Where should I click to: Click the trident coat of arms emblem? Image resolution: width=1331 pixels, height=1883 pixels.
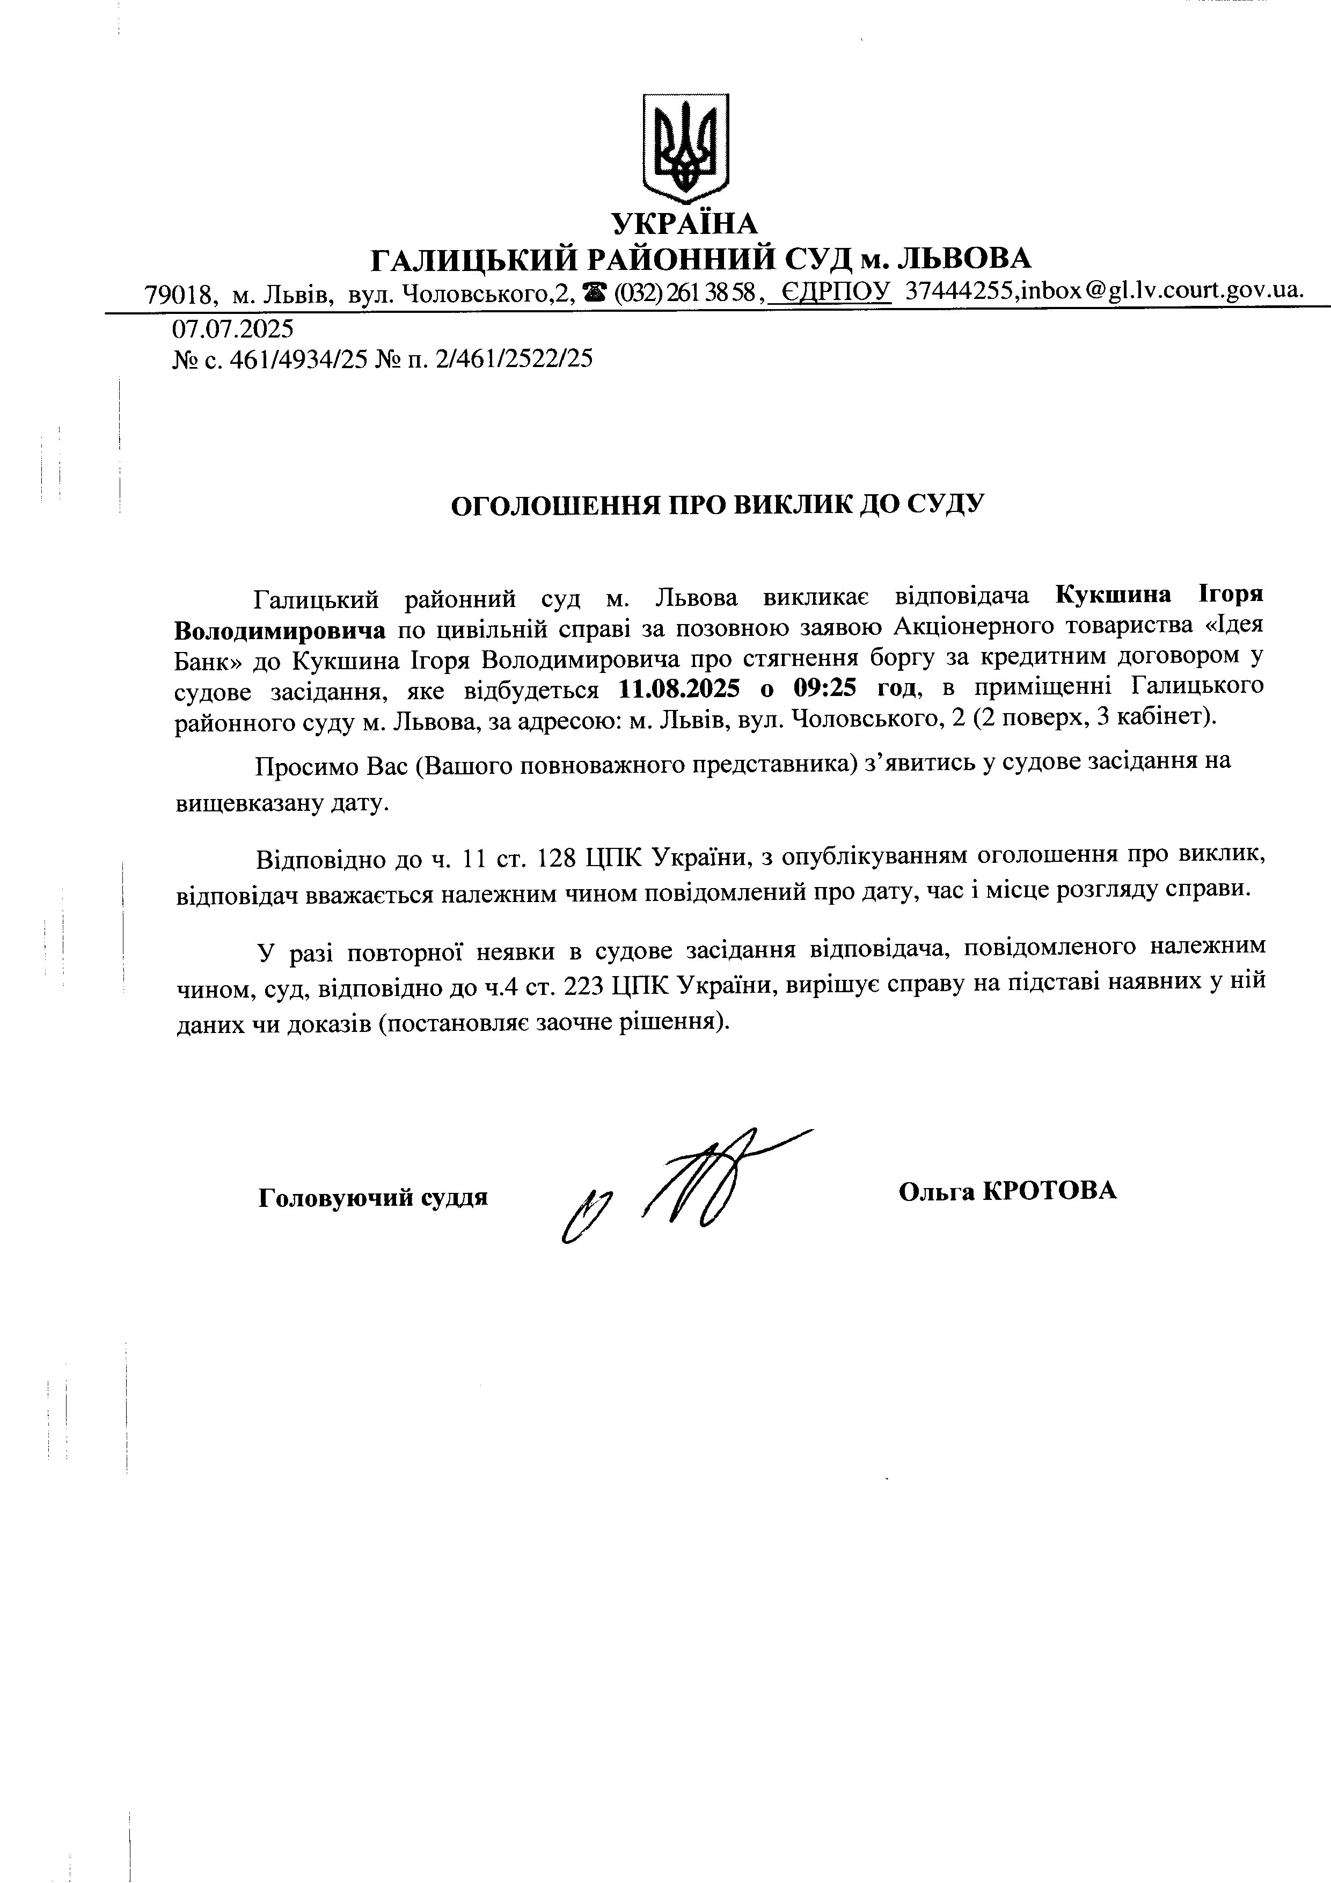coord(685,148)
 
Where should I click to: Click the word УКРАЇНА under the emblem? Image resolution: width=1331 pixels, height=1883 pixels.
coord(685,223)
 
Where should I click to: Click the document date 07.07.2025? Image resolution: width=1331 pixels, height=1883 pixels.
coord(232,329)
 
